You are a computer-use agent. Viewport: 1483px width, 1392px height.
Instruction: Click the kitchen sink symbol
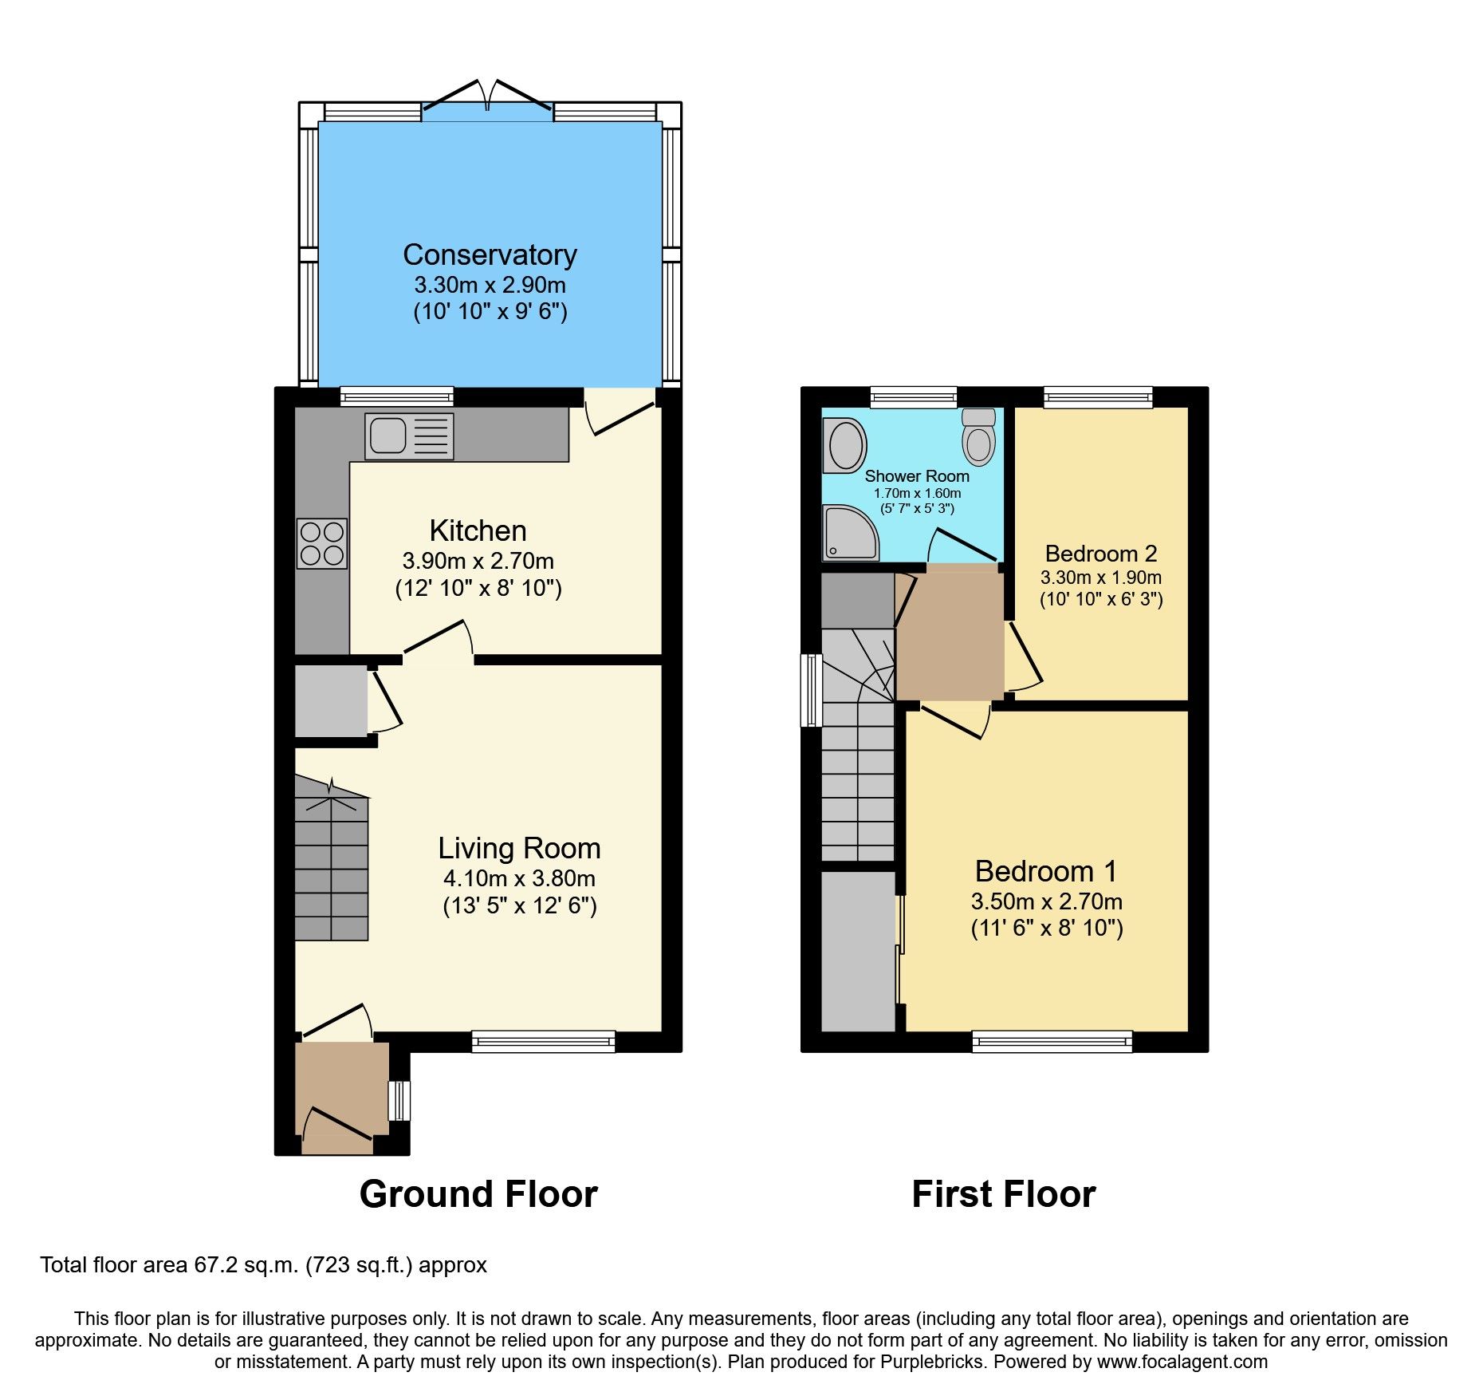(409, 436)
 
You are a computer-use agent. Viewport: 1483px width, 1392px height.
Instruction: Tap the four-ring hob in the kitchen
(322, 543)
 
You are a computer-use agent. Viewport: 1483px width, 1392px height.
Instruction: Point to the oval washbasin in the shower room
(845, 444)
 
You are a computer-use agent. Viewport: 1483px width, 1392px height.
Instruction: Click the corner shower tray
(850, 533)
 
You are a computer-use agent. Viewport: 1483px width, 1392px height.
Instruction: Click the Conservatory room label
(490, 254)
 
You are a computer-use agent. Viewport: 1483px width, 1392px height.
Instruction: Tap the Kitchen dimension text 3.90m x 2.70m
(478, 561)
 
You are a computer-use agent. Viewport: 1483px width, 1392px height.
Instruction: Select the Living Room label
(519, 848)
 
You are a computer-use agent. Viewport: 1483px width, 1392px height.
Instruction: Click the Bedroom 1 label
(1045, 871)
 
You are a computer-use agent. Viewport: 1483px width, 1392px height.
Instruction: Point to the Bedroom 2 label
(1100, 554)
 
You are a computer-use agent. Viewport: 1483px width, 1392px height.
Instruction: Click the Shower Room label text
(917, 476)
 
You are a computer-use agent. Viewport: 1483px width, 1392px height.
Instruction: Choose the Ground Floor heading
(478, 1194)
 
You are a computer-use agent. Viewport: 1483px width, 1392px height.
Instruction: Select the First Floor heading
(1003, 1194)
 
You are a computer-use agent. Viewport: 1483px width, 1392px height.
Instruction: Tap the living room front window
(543, 1041)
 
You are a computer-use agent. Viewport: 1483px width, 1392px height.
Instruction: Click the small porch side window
(399, 1101)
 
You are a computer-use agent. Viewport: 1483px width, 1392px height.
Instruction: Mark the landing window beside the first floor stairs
(811, 690)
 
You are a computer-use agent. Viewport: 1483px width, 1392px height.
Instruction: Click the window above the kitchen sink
(396, 396)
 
